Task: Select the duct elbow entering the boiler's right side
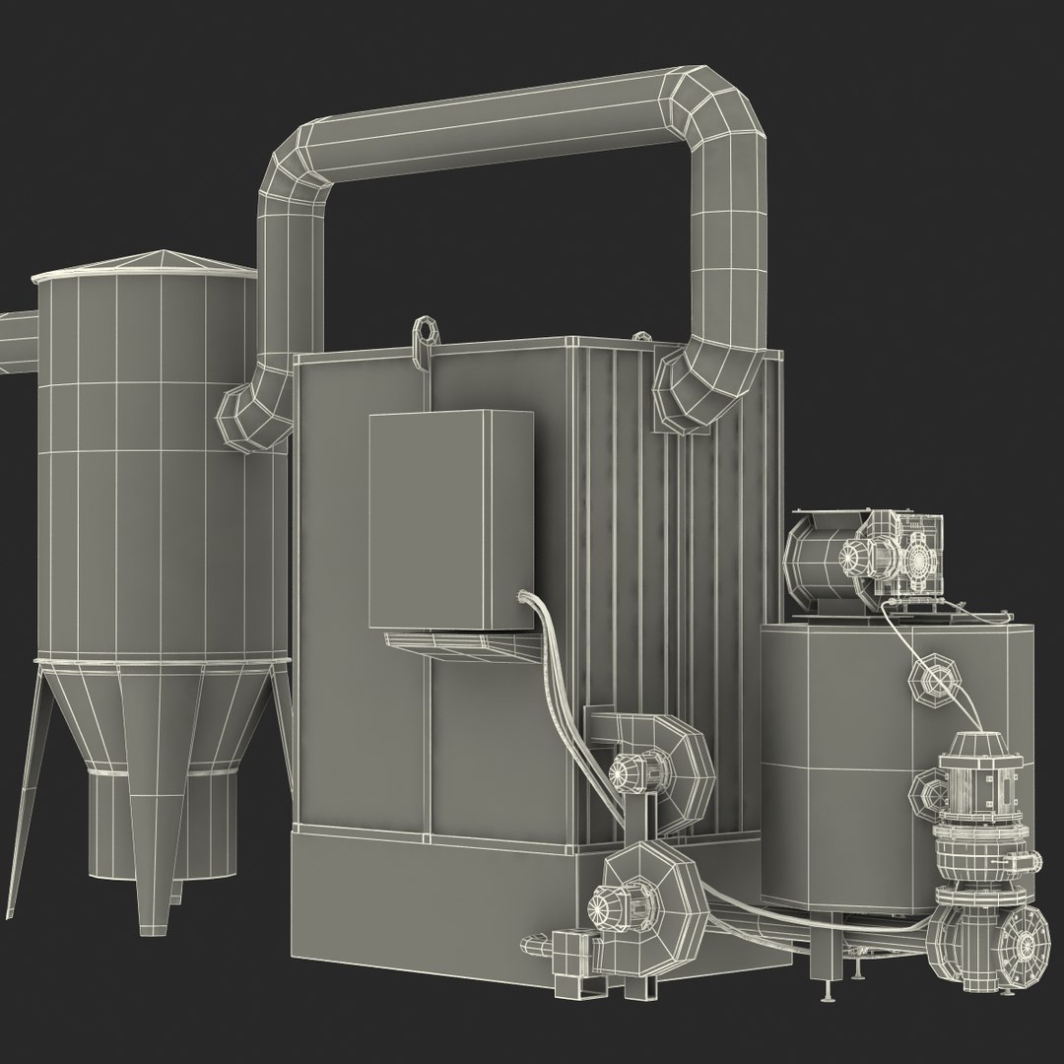point(695,389)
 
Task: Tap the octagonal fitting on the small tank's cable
point(932,681)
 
